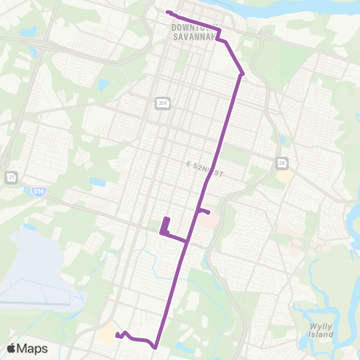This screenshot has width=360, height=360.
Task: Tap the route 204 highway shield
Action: [x=162, y=103]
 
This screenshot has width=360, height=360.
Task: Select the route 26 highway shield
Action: [x=282, y=162]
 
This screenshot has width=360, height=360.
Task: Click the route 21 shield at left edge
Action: [x=10, y=177]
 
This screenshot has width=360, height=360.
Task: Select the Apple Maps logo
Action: [x=28, y=348]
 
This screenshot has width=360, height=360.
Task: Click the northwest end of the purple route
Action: [x=167, y=13]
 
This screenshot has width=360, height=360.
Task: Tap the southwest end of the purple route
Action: [x=117, y=334]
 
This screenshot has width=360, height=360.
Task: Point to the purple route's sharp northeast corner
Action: [x=242, y=73]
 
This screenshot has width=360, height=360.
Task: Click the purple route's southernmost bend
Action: [x=154, y=347]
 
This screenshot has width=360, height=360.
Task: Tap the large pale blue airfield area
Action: [x=34, y=266]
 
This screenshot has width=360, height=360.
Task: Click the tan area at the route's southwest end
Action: [x=107, y=334]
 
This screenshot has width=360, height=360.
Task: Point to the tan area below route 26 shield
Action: [x=285, y=176]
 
